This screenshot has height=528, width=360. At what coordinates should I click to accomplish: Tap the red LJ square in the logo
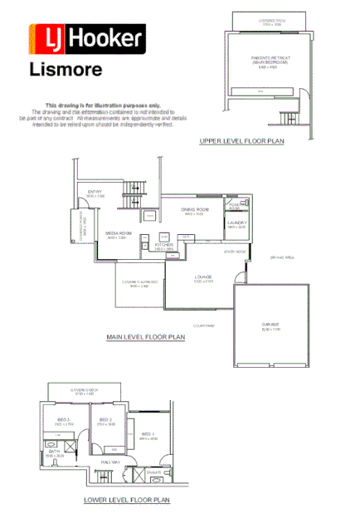click(46, 38)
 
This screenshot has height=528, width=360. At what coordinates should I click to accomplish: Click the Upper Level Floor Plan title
click(241, 142)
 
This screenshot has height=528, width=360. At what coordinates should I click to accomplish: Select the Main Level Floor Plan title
click(146, 338)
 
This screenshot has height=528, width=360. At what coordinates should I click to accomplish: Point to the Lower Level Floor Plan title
click(127, 501)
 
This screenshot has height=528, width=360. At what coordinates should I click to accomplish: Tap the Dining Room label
click(194, 210)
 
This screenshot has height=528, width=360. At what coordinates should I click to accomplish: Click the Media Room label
click(119, 234)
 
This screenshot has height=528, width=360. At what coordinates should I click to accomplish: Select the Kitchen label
click(164, 245)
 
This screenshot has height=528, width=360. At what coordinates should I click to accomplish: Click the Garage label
click(271, 325)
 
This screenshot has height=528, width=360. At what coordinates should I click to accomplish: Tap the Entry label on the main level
click(95, 192)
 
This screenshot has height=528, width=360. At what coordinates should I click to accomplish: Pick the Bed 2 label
click(106, 420)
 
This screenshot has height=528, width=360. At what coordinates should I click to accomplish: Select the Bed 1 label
click(147, 433)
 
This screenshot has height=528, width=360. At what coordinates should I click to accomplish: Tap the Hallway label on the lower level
click(111, 462)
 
